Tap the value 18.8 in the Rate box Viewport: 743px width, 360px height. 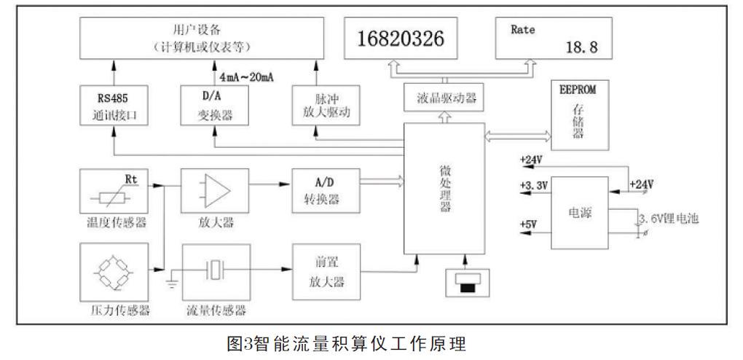click(581, 47)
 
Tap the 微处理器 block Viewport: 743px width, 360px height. click(444, 188)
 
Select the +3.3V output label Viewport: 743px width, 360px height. click(532, 187)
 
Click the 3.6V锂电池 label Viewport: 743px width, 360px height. click(668, 219)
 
